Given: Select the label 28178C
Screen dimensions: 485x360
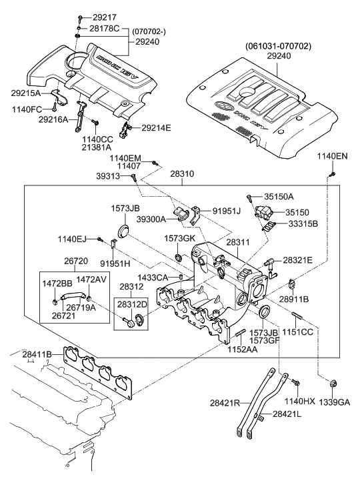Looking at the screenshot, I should pos(104,29).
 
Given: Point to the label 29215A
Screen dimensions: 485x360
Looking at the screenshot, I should pos(25,93).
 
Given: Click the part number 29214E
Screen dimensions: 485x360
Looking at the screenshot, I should pos(155,127).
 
